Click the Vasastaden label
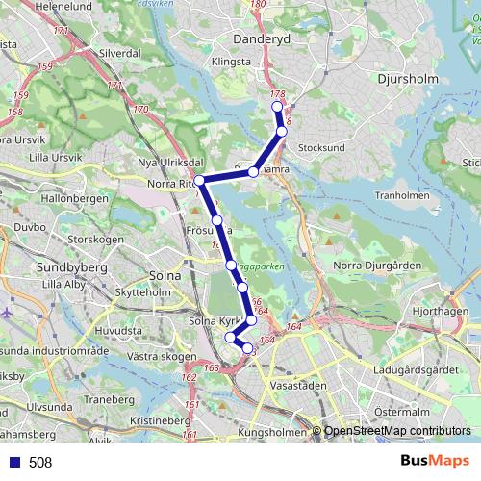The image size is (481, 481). click(x=299, y=384)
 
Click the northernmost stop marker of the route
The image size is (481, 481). click(x=276, y=107)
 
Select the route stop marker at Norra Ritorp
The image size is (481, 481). click(x=199, y=181)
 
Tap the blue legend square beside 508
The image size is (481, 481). click(x=11, y=463)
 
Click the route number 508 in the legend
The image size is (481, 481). click(x=40, y=463)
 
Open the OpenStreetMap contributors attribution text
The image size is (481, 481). click(x=397, y=431)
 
